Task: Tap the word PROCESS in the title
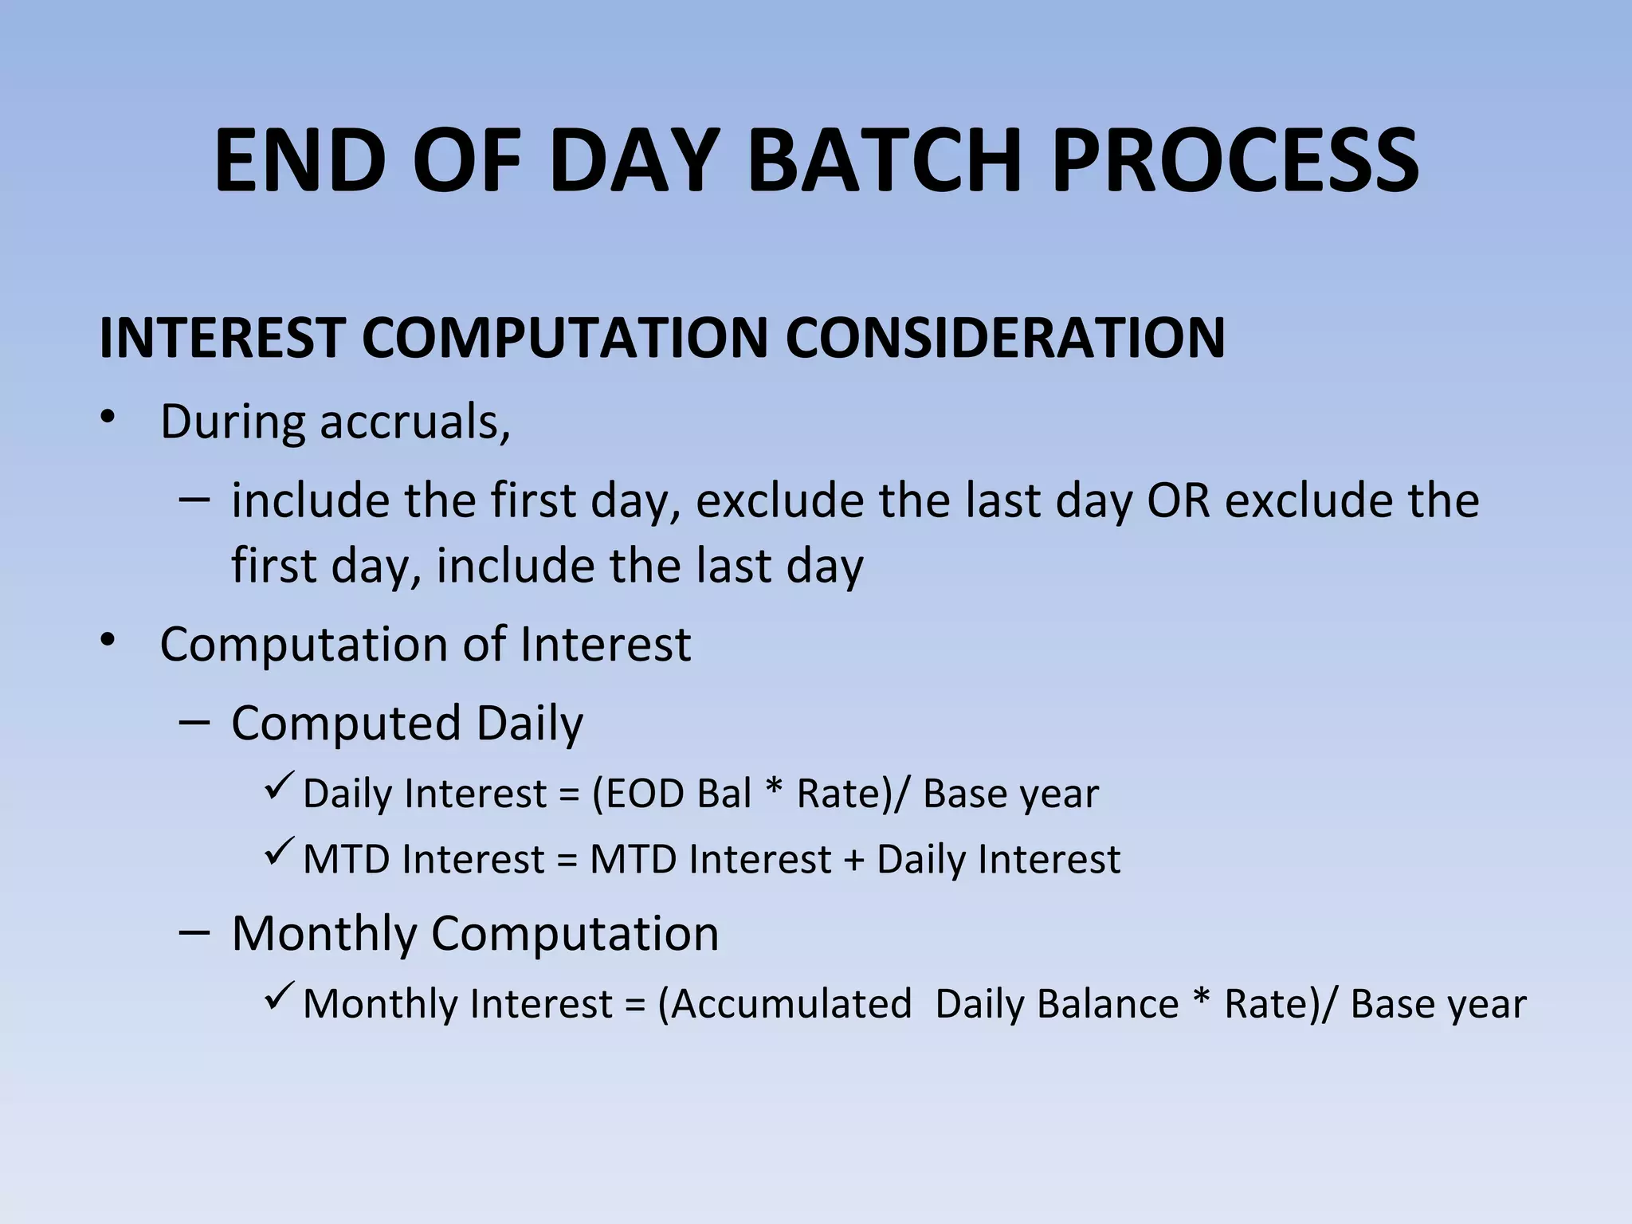pyautogui.click(x=1234, y=162)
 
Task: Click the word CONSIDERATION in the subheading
pyautogui.click(x=1005, y=338)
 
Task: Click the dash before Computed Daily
pyautogui.click(x=195, y=722)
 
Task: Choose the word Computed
pyautogui.click(x=346, y=724)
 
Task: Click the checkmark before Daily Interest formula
pyautogui.click(x=280, y=788)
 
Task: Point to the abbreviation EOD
pyautogui.click(x=644, y=794)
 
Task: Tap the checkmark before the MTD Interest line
pyautogui.click(x=280, y=854)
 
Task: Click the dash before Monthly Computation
pyautogui.click(x=195, y=932)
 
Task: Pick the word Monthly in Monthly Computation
pyautogui.click(x=324, y=933)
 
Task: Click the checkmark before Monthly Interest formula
pyautogui.click(x=280, y=998)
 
